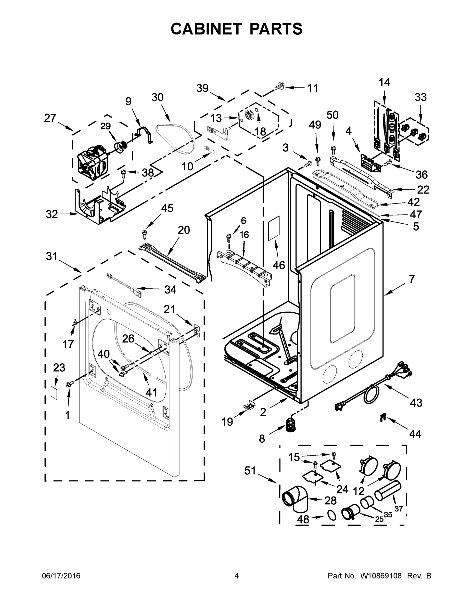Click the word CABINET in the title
point(206,29)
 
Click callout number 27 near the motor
point(50,118)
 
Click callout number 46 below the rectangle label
point(278,265)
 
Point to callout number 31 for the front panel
point(52,256)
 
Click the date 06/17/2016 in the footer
point(61,576)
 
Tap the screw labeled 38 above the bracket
point(124,174)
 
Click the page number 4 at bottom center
point(237,576)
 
